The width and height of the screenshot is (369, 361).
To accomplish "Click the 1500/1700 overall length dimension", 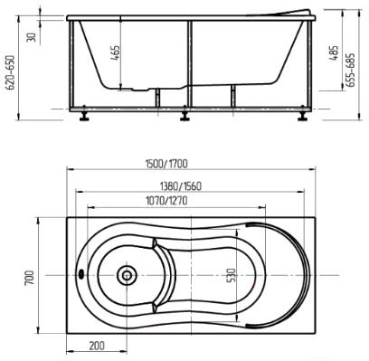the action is click(166, 164).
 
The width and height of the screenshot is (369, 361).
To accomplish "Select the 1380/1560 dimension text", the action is click(180, 186).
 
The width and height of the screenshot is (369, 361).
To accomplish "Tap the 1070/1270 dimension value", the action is click(166, 201).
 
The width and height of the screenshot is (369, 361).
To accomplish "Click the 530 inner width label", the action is click(232, 275).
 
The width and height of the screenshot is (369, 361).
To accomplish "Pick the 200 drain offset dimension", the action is click(97, 346).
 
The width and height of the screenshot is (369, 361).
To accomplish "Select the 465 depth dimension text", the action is click(116, 53).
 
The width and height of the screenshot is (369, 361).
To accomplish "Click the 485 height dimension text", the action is click(334, 53).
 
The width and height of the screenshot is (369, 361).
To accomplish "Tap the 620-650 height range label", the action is click(12, 72).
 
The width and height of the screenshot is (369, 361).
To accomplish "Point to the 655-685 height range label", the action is click(351, 71).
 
